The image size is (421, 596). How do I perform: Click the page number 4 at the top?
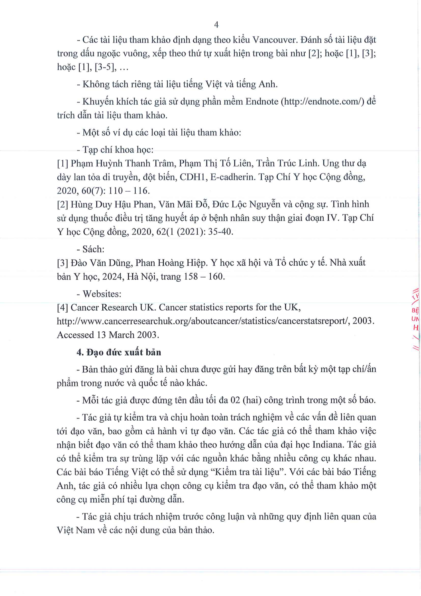[216, 25]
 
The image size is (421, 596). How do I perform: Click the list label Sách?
[93, 249]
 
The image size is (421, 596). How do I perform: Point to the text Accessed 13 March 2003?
[108, 335]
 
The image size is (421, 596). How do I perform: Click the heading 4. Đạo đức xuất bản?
[119, 352]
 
